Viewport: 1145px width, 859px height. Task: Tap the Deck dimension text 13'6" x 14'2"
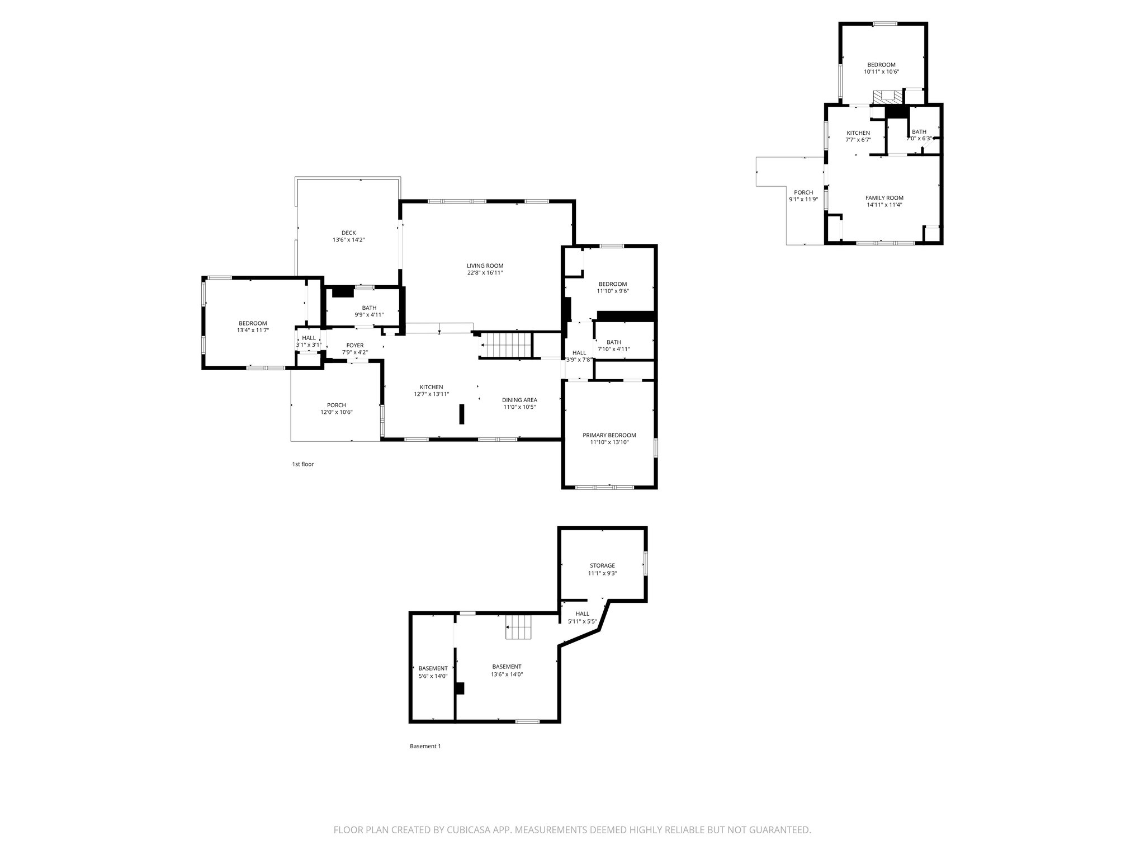pyautogui.click(x=349, y=240)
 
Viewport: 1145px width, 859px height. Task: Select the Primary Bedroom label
pyautogui.click(x=609, y=435)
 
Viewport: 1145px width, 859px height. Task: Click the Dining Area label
pyautogui.click(x=519, y=400)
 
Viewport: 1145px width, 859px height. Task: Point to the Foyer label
pyautogui.click(x=355, y=346)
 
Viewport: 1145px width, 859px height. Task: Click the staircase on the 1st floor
pyautogui.click(x=506, y=345)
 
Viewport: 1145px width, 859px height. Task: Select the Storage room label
pyautogui.click(x=602, y=565)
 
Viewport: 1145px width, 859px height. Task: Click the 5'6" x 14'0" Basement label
pyautogui.click(x=433, y=668)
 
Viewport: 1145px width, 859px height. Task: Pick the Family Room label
pyautogui.click(x=884, y=198)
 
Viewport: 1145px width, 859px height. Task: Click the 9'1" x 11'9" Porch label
pyautogui.click(x=803, y=192)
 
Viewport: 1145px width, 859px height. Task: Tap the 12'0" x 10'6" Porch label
pyautogui.click(x=337, y=405)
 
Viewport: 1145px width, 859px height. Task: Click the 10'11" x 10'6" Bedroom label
pyautogui.click(x=881, y=65)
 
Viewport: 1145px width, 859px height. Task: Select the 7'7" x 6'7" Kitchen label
pyautogui.click(x=858, y=133)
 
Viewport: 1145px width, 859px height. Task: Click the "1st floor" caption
pyautogui.click(x=303, y=464)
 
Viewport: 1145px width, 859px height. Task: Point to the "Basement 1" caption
pyautogui.click(x=425, y=746)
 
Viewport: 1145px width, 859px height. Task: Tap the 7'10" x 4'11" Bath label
pyautogui.click(x=614, y=342)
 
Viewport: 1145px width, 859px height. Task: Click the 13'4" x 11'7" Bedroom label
pyautogui.click(x=253, y=323)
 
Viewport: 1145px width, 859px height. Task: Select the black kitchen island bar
pyautogui.click(x=462, y=415)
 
